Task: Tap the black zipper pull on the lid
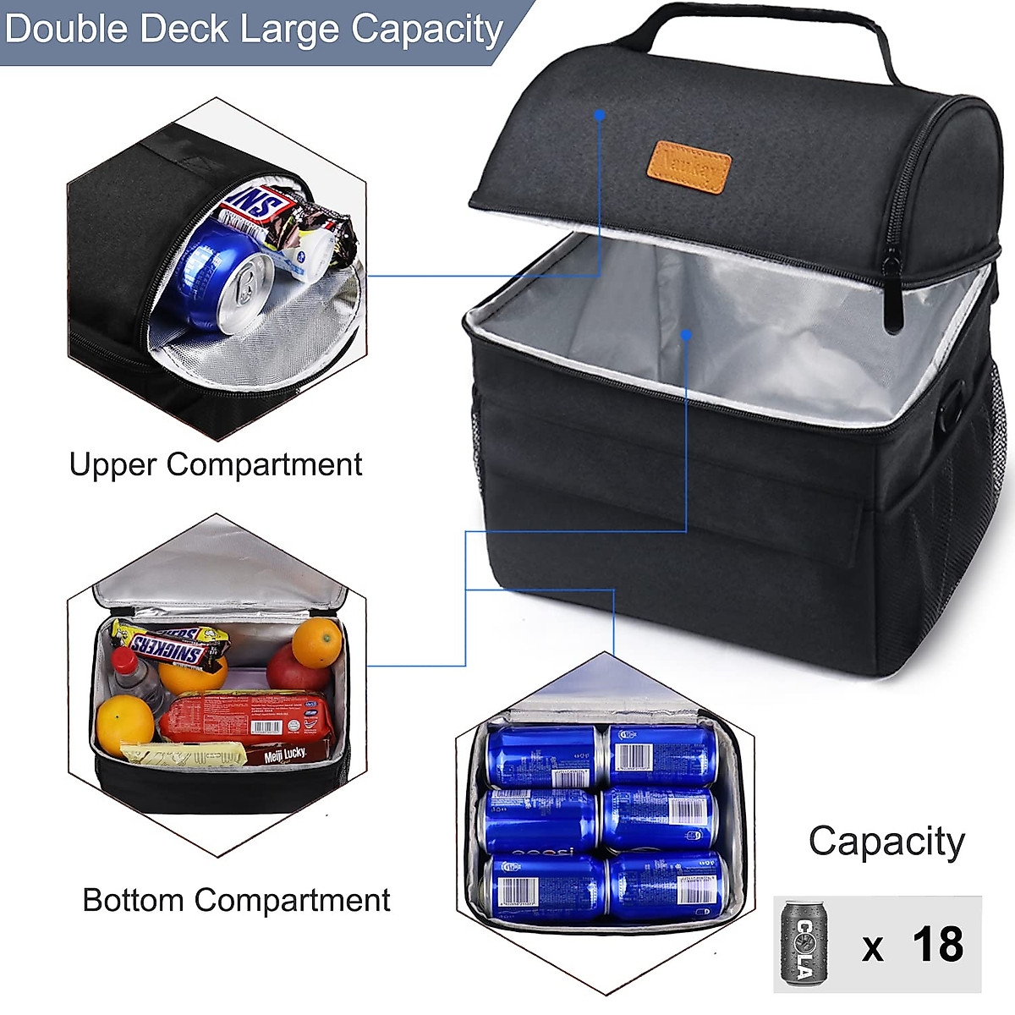[892, 296]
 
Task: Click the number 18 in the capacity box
[937, 944]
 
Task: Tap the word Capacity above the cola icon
[886, 842]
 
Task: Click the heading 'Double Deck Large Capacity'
[254, 29]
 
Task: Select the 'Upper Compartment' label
[216, 464]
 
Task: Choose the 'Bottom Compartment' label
[236, 900]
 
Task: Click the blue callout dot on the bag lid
[600, 114]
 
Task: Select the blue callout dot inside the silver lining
[686, 335]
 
